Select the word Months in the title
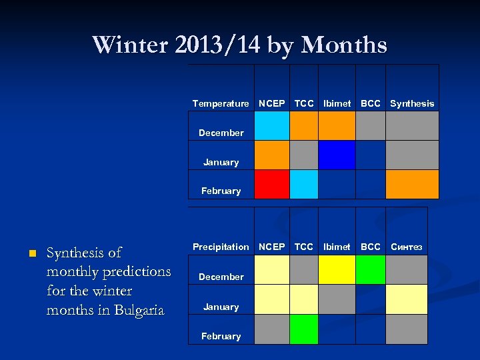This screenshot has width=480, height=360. click(x=344, y=45)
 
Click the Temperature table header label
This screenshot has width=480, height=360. click(x=221, y=103)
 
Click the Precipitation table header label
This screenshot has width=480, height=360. click(x=221, y=247)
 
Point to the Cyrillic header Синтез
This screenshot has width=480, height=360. click(x=406, y=247)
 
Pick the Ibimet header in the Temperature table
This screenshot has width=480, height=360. click(x=337, y=103)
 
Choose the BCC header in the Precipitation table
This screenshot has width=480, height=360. click(x=371, y=247)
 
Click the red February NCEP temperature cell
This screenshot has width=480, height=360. click(x=272, y=185)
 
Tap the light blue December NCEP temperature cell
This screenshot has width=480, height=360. click(x=272, y=125)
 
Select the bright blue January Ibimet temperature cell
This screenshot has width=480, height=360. click(x=337, y=155)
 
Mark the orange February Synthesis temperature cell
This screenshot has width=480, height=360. click(x=412, y=185)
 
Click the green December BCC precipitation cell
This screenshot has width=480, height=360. click(x=371, y=270)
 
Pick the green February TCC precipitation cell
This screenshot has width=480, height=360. click(x=304, y=329)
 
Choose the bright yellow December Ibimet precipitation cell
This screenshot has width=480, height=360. click(x=337, y=270)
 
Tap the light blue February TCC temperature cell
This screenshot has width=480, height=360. click(x=304, y=185)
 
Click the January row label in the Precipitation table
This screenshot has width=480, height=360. click(x=221, y=307)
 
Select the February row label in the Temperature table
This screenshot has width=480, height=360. click(x=221, y=191)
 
